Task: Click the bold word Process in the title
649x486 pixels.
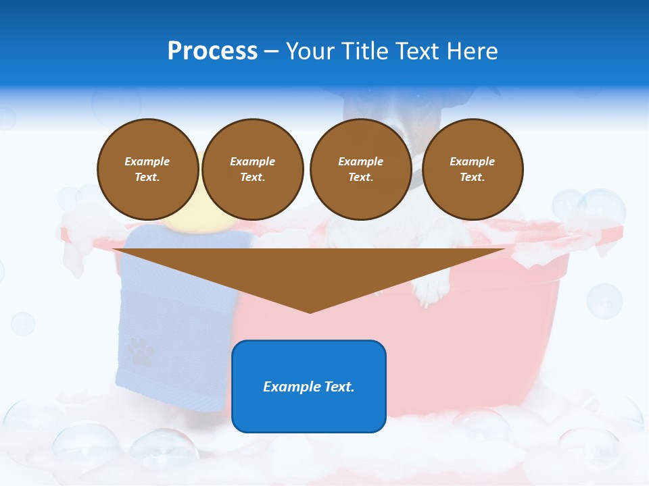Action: click(212, 51)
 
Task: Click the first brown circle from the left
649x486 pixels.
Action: click(148, 169)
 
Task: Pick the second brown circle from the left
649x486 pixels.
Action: click(253, 169)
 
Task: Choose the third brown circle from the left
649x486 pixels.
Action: click(360, 169)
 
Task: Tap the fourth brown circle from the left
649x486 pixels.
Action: click(473, 169)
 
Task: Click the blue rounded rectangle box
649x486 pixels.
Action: click(309, 386)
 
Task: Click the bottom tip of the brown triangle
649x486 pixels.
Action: click(310, 311)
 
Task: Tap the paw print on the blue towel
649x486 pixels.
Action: click(140, 351)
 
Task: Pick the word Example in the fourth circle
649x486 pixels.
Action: click(473, 161)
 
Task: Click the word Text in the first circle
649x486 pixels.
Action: click(147, 177)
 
